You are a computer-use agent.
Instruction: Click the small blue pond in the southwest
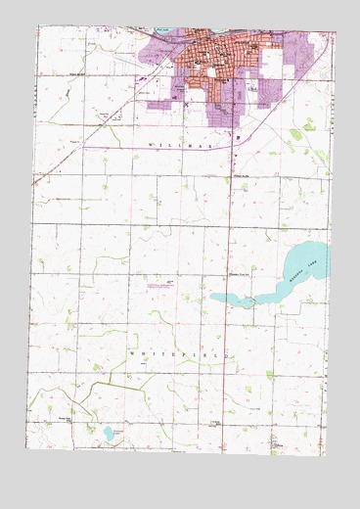click(x=107, y=432)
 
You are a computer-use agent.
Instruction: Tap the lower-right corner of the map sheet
click(x=324, y=484)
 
